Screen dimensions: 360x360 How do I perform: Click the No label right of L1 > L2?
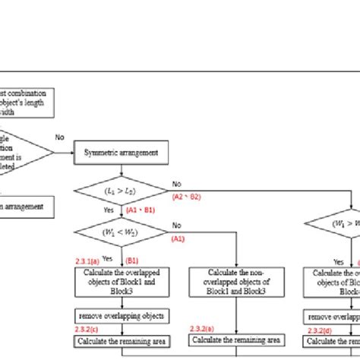pyautogui.click(x=177, y=183)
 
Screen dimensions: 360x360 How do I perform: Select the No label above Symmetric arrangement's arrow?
pyautogui.click(x=60, y=137)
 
